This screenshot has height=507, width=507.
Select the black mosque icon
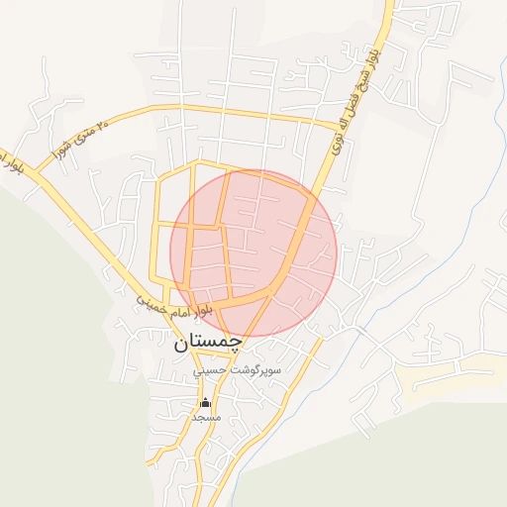click(x=206, y=402)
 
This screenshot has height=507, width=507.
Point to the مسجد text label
click(x=206, y=418)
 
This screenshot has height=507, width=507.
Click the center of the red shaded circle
click(x=253, y=253)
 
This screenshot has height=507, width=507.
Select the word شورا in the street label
click(x=59, y=150)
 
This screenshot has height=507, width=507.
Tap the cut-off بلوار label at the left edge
click(x=10, y=162)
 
